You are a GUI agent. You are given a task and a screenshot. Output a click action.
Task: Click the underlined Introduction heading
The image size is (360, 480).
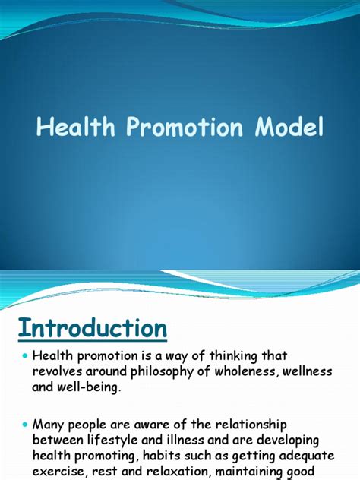pos(93,328)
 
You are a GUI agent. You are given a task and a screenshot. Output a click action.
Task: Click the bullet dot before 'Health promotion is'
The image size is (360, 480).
pos(25,356)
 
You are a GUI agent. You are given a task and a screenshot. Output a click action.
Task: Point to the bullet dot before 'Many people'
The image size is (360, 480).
pos(25,425)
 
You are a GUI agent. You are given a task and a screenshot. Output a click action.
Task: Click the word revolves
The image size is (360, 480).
pos(58,371)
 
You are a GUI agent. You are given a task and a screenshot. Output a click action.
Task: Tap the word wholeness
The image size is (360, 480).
pos(247,371)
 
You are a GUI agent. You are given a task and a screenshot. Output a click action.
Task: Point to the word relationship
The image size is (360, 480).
pos(251,425)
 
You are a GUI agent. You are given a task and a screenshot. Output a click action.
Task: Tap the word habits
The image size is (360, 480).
pos(157,456)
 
